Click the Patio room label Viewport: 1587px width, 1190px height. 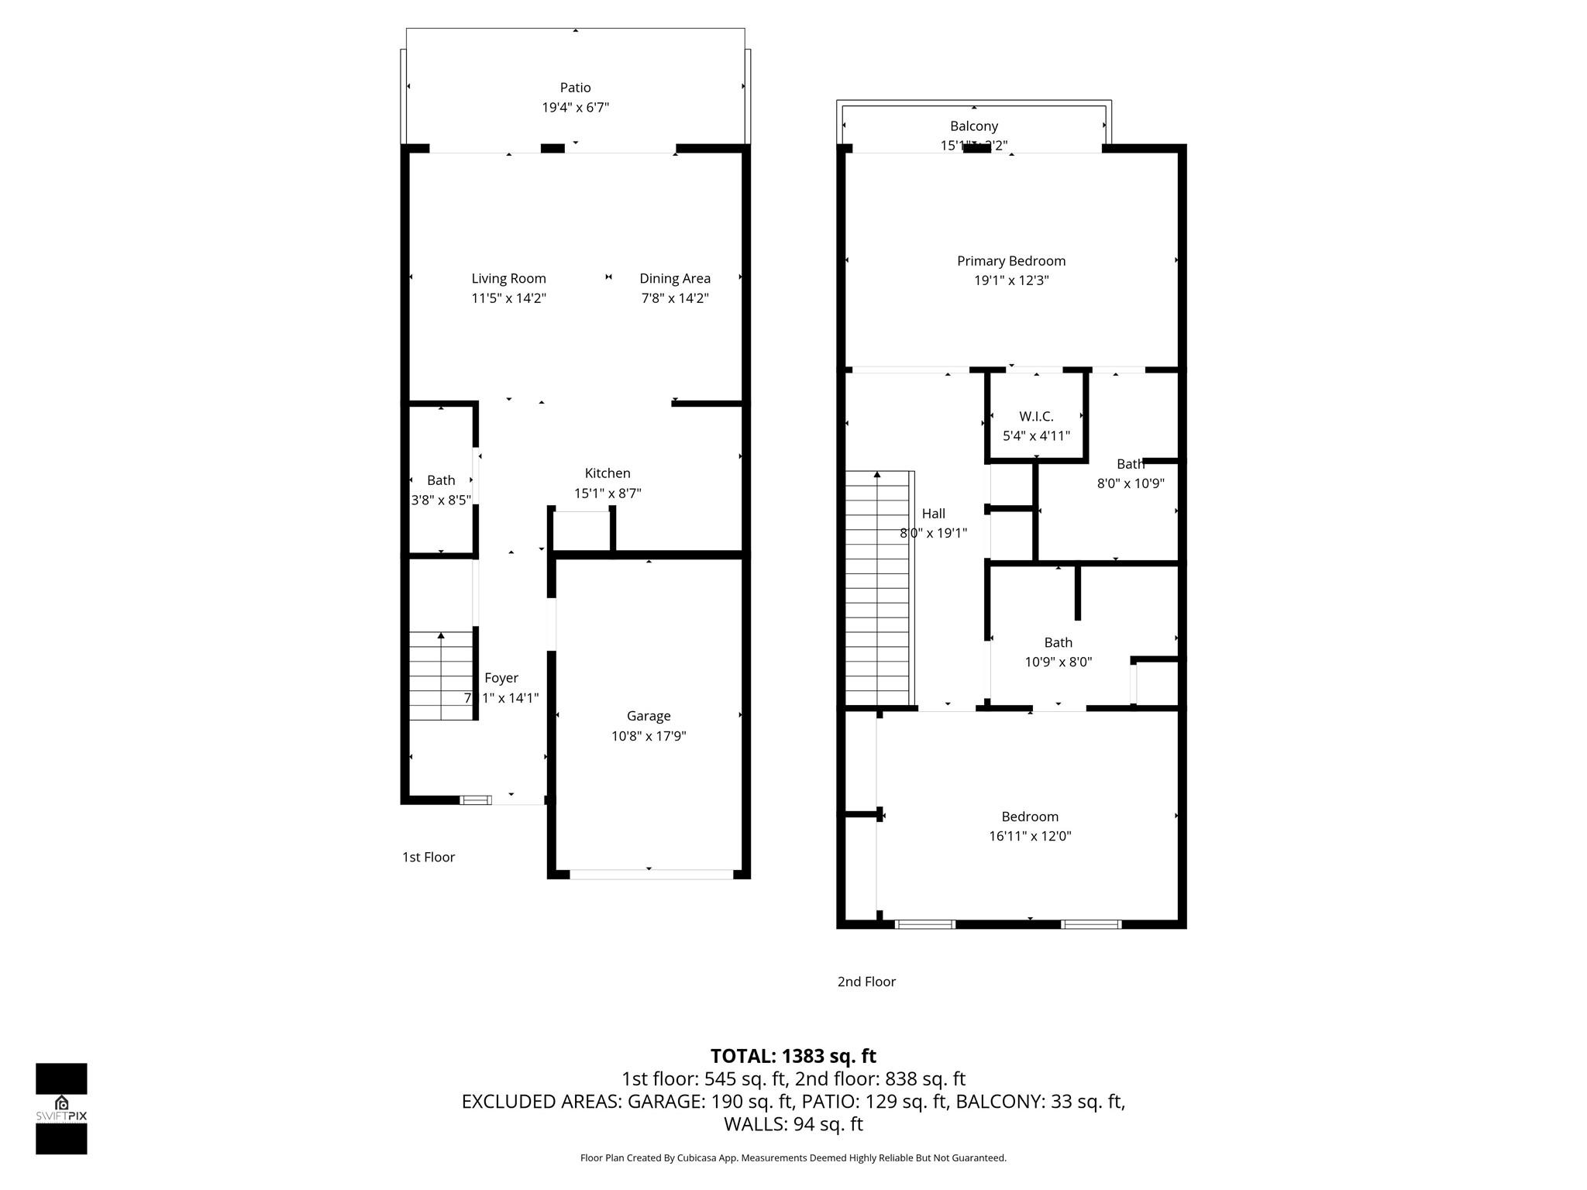pyautogui.click(x=575, y=88)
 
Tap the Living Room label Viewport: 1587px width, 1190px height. pyautogui.click(x=508, y=278)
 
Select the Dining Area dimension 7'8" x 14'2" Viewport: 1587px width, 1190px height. pyautogui.click(x=674, y=298)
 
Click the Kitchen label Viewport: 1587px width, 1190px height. pyautogui.click(x=607, y=473)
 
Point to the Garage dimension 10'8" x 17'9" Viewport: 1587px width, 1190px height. pyautogui.click(x=649, y=736)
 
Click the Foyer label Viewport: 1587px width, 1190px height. pyautogui.click(x=501, y=678)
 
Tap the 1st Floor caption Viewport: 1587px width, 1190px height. pyautogui.click(x=428, y=857)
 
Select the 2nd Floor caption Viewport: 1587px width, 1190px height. pyautogui.click(x=866, y=982)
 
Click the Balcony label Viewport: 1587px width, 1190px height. pyautogui.click(x=973, y=126)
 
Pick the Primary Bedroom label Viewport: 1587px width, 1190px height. pyautogui.click(x=1010, y=261)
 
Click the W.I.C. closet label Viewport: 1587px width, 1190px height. pyautogui.click(x=1036, y=416)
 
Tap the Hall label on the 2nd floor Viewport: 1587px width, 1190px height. pyautogui.click(x=933, y=514)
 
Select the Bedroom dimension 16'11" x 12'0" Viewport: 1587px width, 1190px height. pyautogui.click(x=1029, y=836)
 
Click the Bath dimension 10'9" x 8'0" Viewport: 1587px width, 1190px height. pyautogui.click(x=1058, y=662)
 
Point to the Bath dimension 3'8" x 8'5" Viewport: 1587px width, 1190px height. pyautogui.click(x=440, y=500)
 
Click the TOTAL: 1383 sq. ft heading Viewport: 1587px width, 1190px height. pyautogui.click(x=793, y=1056)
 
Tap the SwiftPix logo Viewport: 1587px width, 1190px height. pyautogui.click(x=61, y=1108)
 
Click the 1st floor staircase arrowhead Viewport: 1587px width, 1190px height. pyautogui.click(x=441, y=636)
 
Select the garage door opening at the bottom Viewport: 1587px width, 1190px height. pyautogui.click(x=651, y=874)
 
